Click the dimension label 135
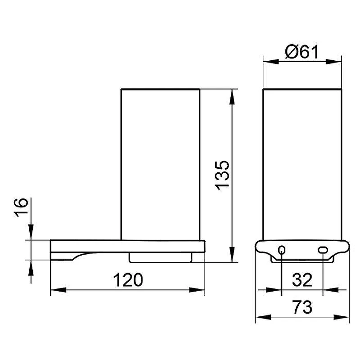click(222, 175)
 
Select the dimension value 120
click(128, 280)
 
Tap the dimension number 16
click(21, 207)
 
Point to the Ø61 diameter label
click(301, 52)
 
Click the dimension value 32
click(302, 280)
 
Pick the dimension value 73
click(302, 307)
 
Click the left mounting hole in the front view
click(282, 250)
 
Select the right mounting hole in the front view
click(323, 250)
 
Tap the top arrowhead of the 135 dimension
click(232, 97)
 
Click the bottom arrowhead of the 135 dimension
click(232, 254)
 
